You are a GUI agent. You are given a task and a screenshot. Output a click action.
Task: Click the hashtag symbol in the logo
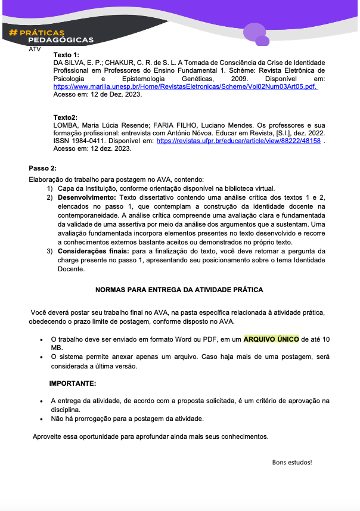[13, 32]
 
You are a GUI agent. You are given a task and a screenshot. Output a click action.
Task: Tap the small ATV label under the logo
[35, 49]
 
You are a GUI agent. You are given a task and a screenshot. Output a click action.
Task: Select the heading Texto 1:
[66, 55]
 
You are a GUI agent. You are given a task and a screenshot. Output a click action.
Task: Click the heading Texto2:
[66, 117]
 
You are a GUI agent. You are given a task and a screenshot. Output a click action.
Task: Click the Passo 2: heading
[43, 168]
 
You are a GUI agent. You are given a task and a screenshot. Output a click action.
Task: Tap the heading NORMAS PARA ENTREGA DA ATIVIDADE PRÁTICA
[179, 290]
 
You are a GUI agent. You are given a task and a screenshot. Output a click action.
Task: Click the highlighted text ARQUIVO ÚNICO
[271, 339]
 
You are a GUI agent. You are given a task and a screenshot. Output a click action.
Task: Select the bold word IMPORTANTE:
[72, 383]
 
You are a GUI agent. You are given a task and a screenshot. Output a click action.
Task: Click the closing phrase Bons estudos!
[292, 462]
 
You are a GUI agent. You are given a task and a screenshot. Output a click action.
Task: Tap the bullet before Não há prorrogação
[41, 419]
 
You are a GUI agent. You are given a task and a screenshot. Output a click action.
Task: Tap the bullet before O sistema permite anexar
[41, 357]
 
